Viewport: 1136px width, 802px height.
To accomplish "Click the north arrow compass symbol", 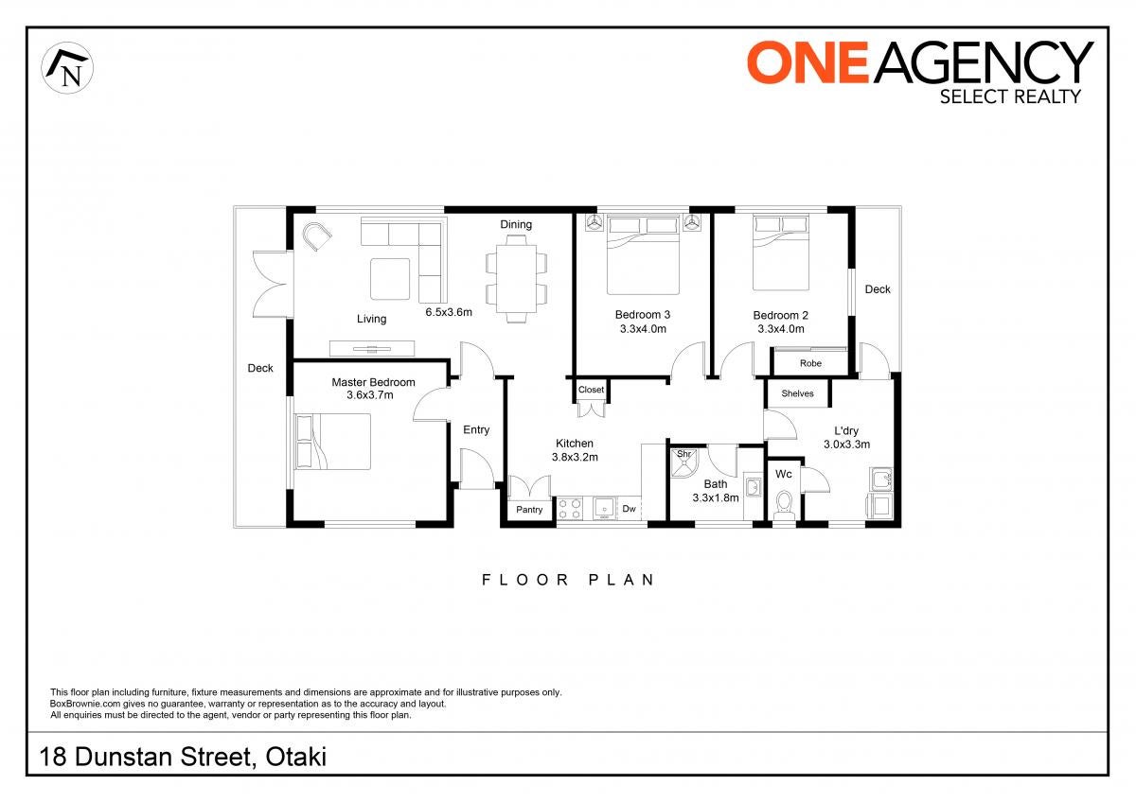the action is tap(67, 68).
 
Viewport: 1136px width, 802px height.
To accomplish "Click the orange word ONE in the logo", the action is tap(808, 62).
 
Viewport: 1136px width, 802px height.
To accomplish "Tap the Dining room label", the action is tap(516, 224).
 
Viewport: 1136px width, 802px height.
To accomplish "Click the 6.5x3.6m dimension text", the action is tap(449, 312).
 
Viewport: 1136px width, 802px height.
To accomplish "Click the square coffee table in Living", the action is tap(390, 279).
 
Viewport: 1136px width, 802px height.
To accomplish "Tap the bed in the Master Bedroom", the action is tap(332, 442).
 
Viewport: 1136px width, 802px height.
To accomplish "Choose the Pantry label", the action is tap(529, 510).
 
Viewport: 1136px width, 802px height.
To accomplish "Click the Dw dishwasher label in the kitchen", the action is tap(629, 509).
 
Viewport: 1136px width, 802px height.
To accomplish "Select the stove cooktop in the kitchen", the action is tap(570, 509).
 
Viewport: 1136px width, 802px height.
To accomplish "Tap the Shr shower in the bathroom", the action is tap(683, 462).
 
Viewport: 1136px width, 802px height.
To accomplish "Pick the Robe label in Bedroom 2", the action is tap(810, 363).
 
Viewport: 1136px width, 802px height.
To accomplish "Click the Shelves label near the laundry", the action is tap(797, 393).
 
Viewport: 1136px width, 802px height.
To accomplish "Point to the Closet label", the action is tap(591, 390).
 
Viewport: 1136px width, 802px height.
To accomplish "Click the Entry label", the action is tap(476, 429).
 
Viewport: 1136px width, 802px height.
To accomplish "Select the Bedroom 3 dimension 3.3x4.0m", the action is tap(643, 329).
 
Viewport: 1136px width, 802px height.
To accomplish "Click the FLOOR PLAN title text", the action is tap(568, 580).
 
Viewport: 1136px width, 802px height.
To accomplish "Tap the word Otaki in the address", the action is tap(295, 757).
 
